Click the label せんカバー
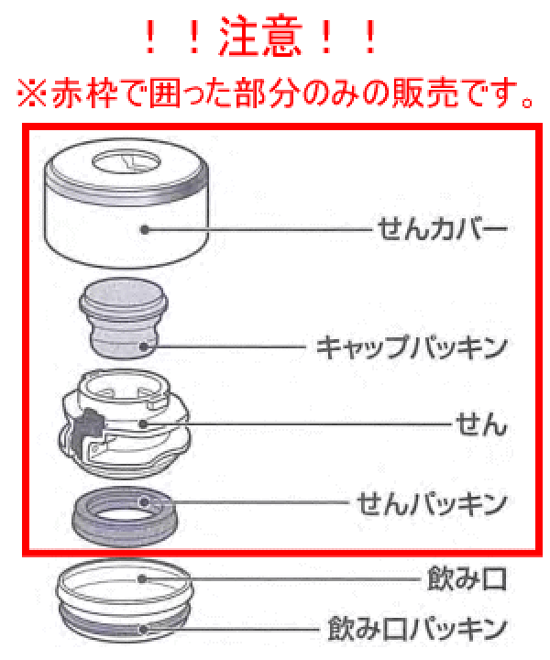click(441, 226)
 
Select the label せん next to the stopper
click(480, 425)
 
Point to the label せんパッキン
click(430, 503)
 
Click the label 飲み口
click(467, 579)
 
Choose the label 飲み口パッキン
click(416, 630)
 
